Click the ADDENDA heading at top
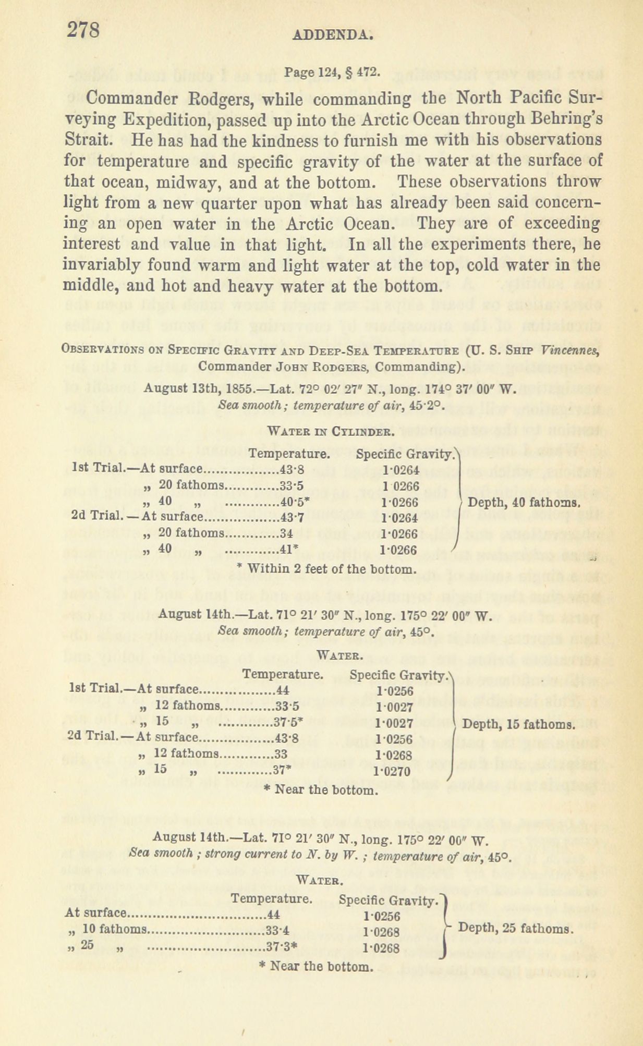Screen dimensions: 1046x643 click(332, 35)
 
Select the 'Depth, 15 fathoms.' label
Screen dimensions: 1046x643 click(519, 724)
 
